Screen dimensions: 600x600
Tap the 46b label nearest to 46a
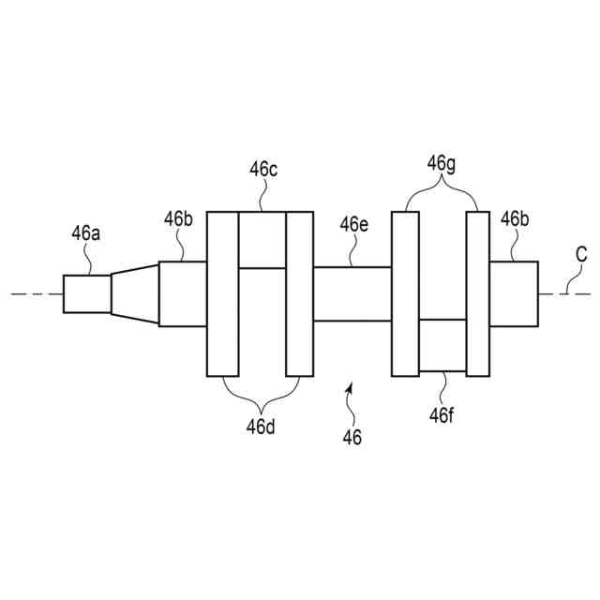(178, 219)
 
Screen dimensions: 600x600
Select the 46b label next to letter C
(514, 219)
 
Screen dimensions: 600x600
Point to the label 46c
(262, 170)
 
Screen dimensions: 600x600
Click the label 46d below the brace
(261, 427)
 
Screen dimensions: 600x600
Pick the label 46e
(353, 224)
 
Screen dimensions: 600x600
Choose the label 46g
(442, 163)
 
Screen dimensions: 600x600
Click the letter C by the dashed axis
(581, 254)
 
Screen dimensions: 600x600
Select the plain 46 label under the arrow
(352, 437)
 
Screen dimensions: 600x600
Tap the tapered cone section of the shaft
(135, 293)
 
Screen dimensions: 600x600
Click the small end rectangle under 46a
(87, 293)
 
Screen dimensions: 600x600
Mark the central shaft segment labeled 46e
(352, 293)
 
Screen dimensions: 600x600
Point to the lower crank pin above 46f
(442, 345)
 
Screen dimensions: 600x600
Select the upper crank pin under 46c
(262, 240)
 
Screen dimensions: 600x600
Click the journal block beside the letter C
(514, 293)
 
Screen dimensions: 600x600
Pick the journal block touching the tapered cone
(182, 293)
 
